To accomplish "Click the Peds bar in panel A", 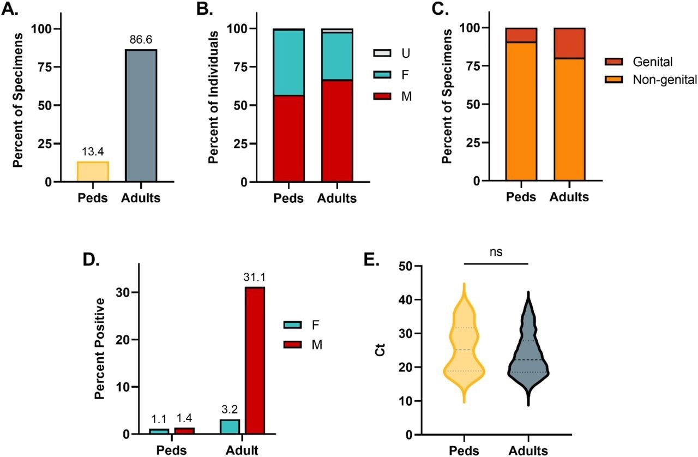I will pyautogui.click(x=93, y=171).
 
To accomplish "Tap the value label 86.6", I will pyautogui.click(x=141, y=40).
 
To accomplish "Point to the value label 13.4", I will pyautogui.click(x=93, y=152).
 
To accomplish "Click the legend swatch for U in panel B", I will pyautogui.click(x=380, y=53).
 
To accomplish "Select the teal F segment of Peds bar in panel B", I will pyautogui.click(x=288, y=62).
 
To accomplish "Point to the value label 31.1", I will pyautogui.click(x=254, y=278).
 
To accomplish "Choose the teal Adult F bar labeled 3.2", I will pyautogui.click(x=230, y=426).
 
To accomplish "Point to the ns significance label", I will pyautogui.click(x=496, y=252).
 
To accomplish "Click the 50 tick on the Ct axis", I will pyautogui.click(x=418, y=266).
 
